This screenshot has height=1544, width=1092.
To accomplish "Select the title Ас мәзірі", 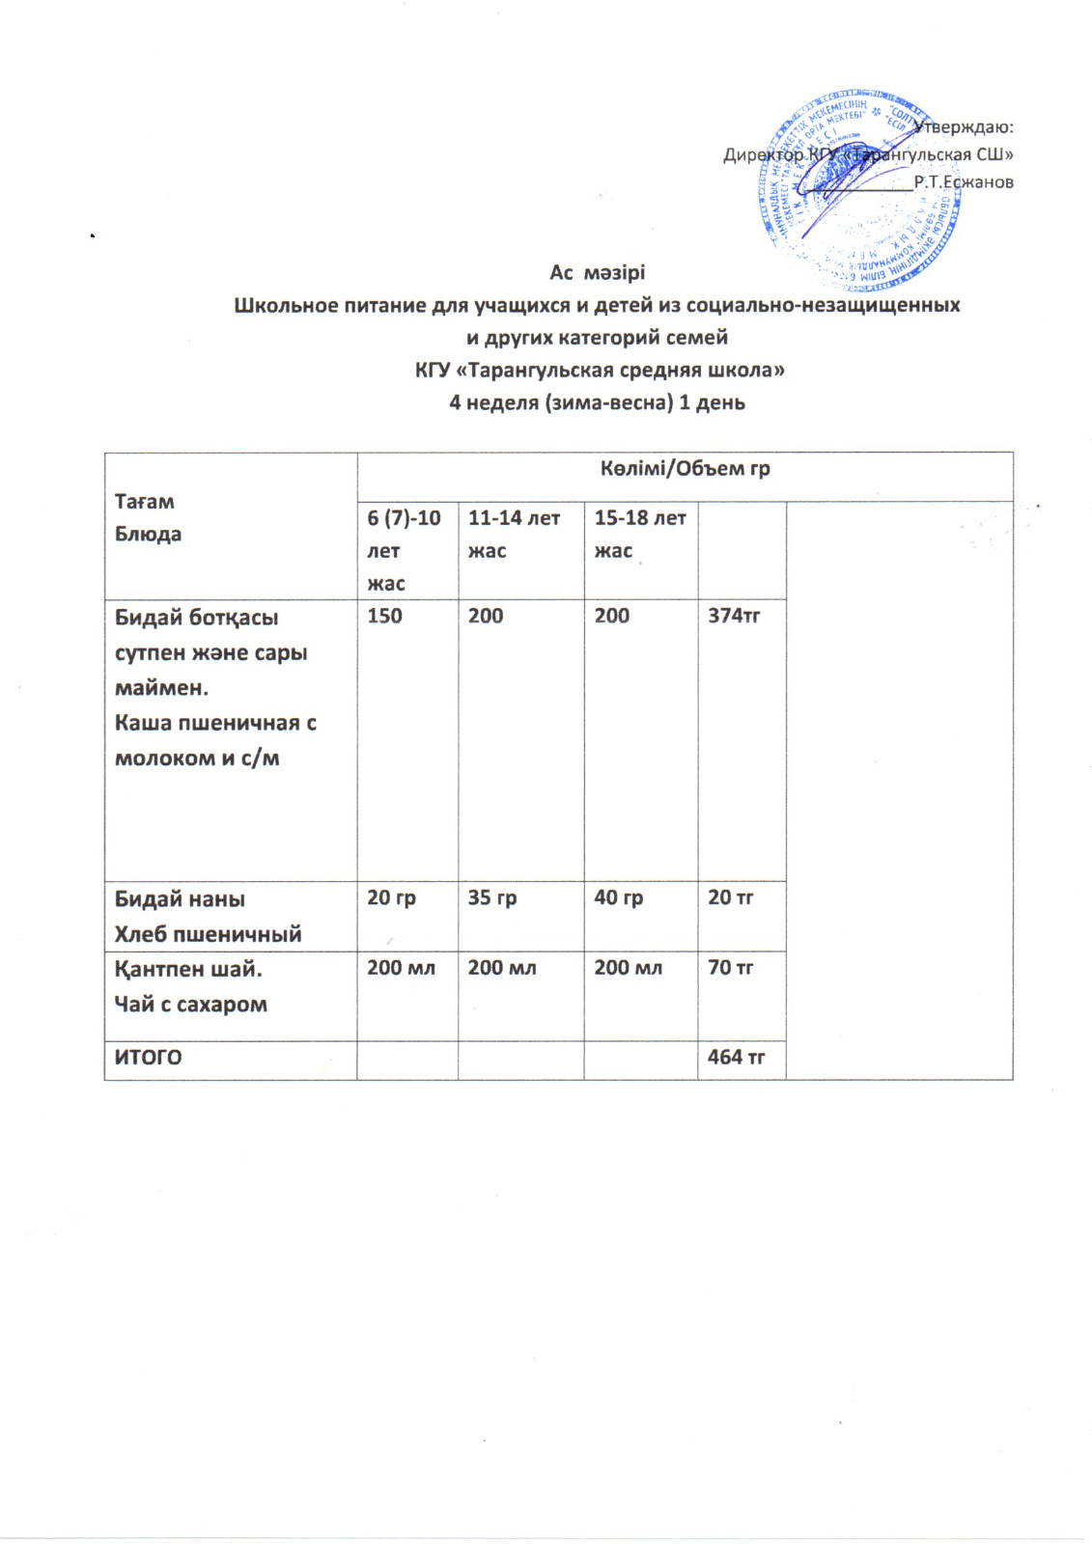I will click(597, 273).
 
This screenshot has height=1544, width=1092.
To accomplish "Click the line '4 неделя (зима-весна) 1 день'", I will click(597, 402).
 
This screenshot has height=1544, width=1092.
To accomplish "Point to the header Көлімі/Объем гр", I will click(685, 469).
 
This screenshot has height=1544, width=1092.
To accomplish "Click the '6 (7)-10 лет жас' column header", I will click(404, 550).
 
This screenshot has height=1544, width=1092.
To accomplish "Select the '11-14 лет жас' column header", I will click(514, 534).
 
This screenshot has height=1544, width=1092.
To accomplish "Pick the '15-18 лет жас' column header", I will click(639, 534).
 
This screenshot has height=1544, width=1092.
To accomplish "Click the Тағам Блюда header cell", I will click(145, 517).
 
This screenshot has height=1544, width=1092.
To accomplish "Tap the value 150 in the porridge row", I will click(384, 616).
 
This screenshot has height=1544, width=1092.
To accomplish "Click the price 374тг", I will click(734, 616).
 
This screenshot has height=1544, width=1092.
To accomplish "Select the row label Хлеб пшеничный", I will click(208, 934).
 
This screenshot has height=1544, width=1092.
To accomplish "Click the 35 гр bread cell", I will click(491, 897).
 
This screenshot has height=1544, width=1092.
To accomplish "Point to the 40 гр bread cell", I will click(618, 897).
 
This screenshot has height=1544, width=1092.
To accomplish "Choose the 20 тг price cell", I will click(730, 897).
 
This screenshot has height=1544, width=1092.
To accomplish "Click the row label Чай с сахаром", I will click(190, 1005).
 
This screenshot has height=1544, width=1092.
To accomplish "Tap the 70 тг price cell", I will click(730, 968).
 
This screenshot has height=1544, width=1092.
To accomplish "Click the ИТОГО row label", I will click(148, 1058).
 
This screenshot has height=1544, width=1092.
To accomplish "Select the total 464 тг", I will click(736, 1058).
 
